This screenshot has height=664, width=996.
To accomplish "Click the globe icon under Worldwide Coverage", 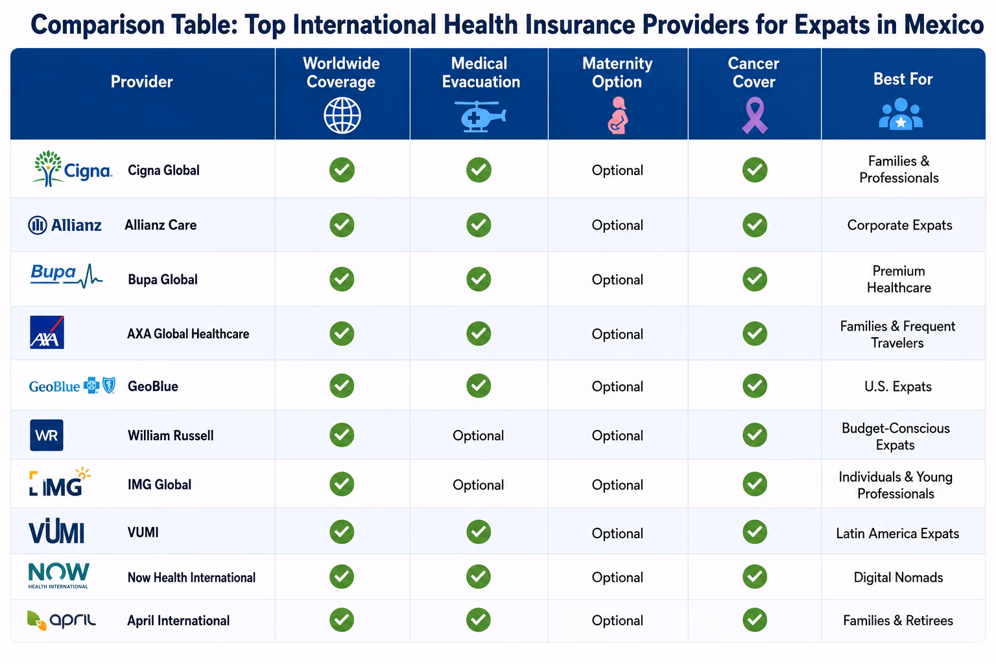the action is point(342,115).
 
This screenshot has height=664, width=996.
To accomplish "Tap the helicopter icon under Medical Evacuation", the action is point(479,117).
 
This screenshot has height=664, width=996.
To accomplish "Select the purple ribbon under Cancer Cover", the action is point(755,115).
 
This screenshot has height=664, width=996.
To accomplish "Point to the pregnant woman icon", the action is point(617,115).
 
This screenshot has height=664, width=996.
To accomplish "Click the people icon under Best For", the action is point(901,114).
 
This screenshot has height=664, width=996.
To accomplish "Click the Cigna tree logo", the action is point(47,168).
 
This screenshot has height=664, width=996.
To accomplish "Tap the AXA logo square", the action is point(47,332).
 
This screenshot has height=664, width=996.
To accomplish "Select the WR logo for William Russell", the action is point(47,435).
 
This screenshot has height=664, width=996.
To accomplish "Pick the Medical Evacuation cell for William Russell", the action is point(479,435).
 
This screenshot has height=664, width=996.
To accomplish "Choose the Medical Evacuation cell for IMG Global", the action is point(479,485).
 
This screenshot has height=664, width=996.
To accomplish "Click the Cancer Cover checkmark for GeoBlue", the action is point(755,386).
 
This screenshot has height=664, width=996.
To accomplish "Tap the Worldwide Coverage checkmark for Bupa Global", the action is point(342,279).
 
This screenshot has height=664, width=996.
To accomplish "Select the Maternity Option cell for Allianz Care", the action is point(617,225).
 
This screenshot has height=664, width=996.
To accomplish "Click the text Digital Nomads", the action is point(898,577).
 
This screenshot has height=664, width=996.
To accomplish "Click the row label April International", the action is point(178,621).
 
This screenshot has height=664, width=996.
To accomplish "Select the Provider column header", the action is point(142,82).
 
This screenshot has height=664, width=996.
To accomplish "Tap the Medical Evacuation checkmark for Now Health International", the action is point(479,577).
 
